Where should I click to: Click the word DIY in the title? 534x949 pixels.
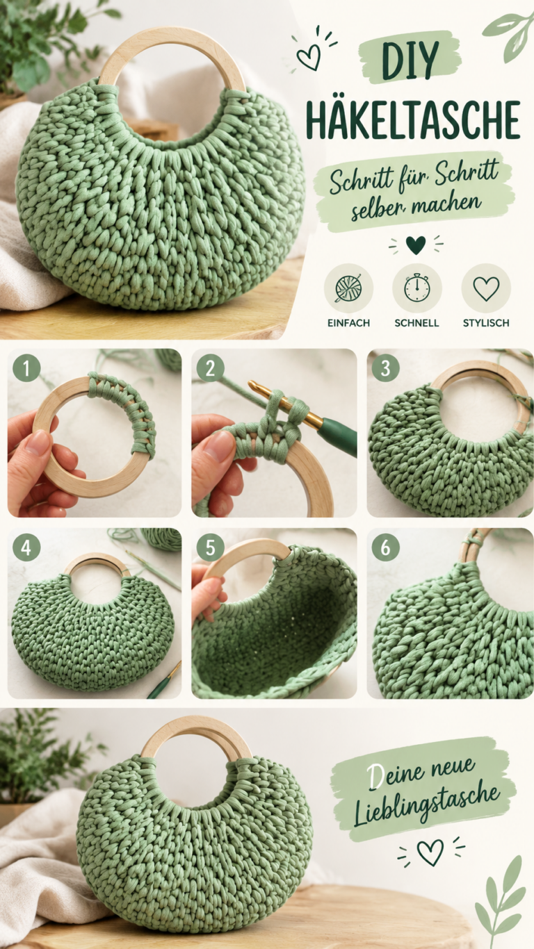(x=410, y=62)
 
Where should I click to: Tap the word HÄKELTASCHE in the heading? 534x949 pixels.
(x=413, y=120)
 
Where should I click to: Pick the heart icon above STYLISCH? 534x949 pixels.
(x=486, y=288)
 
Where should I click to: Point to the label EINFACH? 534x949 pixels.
(x=348, y=323)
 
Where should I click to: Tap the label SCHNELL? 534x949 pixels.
(x=416, y=323)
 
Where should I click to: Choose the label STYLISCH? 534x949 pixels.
(x=486, y=323)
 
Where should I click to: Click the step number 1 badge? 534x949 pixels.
(x=26, y=368)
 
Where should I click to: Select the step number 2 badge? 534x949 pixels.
(x=211, y=368)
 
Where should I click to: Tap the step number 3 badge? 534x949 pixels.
(x=385, y=368)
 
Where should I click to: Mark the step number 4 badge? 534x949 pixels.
(x=26, y=547)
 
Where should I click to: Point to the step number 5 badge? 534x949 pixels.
(x=211, y=547)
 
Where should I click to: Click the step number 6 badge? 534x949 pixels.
(x=385, y=547)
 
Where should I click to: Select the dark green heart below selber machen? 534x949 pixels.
(x=416, y=245)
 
